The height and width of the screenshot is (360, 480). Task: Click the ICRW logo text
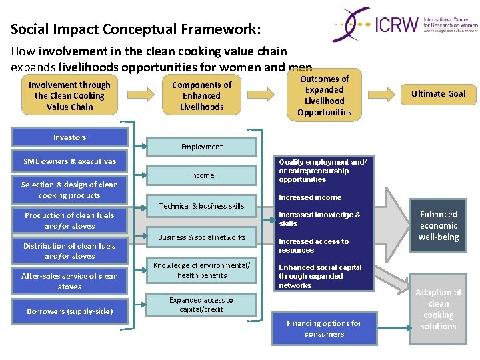[397, 25]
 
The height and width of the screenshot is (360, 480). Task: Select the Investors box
[70, 137]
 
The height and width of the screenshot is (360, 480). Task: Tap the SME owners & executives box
[70, 161]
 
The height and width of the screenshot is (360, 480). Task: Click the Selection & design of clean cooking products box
[70, 190]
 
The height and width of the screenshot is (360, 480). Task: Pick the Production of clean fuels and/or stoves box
[70, 221]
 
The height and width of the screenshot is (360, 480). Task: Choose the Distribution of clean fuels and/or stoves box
[70, 251]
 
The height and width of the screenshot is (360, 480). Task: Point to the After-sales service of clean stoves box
[70, 281]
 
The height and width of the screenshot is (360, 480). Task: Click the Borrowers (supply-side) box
[70, 311]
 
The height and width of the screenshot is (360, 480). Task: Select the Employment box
[202, 147]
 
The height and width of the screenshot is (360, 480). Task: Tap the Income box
[202, 175]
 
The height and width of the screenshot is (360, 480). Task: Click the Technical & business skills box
[202, 207]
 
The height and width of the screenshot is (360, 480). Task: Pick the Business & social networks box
[202, 237]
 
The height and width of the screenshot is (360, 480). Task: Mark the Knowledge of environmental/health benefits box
[202, 270]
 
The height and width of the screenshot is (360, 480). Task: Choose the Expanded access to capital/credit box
[201, 305]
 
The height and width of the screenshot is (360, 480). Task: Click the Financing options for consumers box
[325, 329]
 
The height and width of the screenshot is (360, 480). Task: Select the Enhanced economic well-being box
[439, 225]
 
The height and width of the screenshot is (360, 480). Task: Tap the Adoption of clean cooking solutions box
[439, 309]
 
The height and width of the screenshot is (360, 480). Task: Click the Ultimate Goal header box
[439, 94]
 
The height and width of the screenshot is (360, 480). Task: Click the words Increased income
[310, 197]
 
